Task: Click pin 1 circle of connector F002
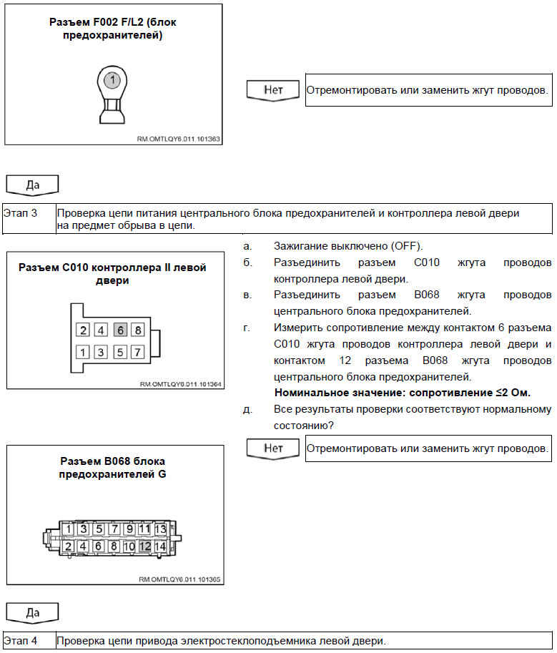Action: click(x=111, y=80)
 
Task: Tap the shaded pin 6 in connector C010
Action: click(x=121, y=330)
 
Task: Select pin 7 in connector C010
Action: click(x=138, y=352)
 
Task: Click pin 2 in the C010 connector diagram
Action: click(x=84, y=330)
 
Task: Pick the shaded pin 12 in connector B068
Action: click(x=144, y=546)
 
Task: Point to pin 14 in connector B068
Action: click(x=159, y=546)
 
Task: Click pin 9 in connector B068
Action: click(x=129, y=529)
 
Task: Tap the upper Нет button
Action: click(x=274, y=89)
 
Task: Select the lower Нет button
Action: click(x=274, y=448)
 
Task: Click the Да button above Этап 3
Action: click(x=32, y=185)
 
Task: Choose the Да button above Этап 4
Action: click(x=32, y=612)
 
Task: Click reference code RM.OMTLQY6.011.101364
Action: click(x=180, y=384)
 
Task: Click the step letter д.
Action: click(x=247, y=409)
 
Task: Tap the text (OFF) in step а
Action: click(x=405, y=246)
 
